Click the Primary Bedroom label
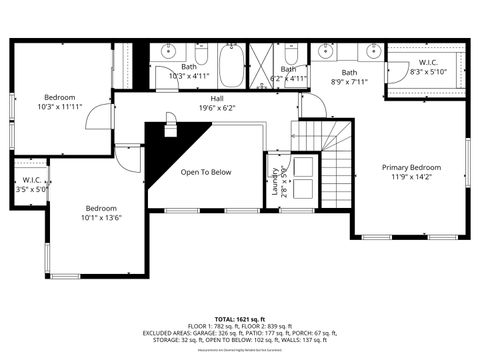(411, 168)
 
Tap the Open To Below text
(206, 172)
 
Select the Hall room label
(216, 98)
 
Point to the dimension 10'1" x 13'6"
(101, 217)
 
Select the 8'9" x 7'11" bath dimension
(349, 82)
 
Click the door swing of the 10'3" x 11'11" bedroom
(100, 117)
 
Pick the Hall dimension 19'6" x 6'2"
(216, 108)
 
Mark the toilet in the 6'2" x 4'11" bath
(291, 55)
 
